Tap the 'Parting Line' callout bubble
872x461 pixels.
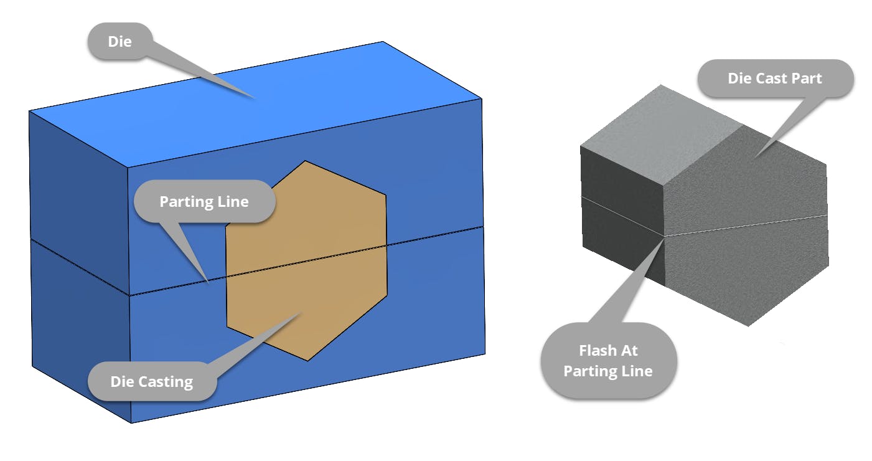pyautogui.click(x=204, y=201)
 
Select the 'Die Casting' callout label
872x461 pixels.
pyautogui.click(x=151, y=381)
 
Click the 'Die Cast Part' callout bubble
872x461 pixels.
pyautogui.click(x=774, y=78)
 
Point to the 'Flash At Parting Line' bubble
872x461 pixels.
pyautogui.click(x=607, y=361)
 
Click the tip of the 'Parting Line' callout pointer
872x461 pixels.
pyautogui.click(x=208, y=282)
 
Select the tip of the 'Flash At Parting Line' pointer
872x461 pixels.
pyautogui.click(x=663, y=237)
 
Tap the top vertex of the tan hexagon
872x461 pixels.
pyautogui.click(x=305, y=161)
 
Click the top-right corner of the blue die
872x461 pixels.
pyautogui.click(x=482, y=98)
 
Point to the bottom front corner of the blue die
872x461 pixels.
pyautogui.click(x=131, y=423)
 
